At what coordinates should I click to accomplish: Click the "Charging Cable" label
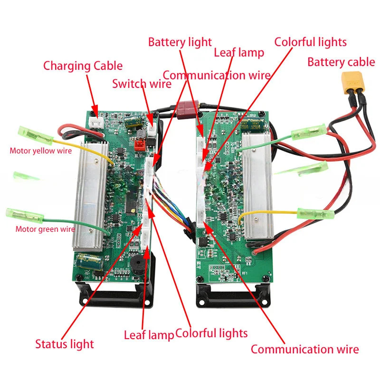click(83, 66)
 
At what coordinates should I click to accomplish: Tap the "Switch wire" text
click(142, 84)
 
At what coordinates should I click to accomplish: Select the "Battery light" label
click(180, 42)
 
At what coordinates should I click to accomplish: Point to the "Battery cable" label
click(341, 62)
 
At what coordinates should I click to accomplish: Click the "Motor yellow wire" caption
click(41, 151)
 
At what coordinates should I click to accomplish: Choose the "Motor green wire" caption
click(45, 229)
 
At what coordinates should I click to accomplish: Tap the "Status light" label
click(65, 344)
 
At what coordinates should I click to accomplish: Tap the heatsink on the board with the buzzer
click(88, 195)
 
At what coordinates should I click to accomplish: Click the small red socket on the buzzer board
click(140, 144)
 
